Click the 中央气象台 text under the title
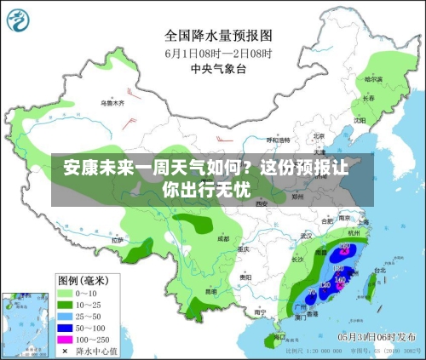click(x=218, y=67)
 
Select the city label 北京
click(x=318, y=135)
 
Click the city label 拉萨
click(x=118, y=241)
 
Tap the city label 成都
click(x=223, y=239)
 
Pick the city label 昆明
click(x=210, y=292)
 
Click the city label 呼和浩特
click(x=278, y=140)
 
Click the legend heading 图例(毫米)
click(x=83, y=279)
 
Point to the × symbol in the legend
click(x=66, y=351)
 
